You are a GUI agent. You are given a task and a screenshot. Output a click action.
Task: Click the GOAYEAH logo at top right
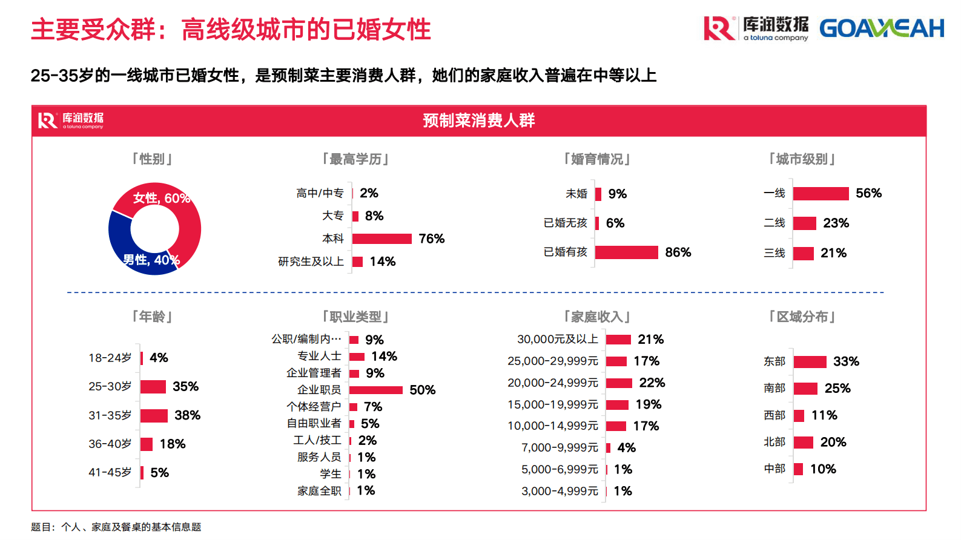(x=881, y=28)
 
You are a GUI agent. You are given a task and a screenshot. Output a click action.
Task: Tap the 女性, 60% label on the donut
(x=161, y=198)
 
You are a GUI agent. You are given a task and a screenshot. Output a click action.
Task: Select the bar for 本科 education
(x=381, y=239)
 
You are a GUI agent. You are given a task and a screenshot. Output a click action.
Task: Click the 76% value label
(x=431, y=239)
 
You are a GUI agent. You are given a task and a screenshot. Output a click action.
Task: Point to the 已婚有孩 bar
(x=626, y=252)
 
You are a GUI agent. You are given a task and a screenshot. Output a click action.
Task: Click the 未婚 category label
(x=576, y=194)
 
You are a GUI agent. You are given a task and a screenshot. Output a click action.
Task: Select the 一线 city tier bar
(x=821, y=193)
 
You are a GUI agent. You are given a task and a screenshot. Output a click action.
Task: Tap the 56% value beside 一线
(x=868, y=193)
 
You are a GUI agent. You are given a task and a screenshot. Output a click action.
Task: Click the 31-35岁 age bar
(x=154, y=415)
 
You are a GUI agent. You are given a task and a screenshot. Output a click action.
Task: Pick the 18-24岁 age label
(x=110, y=358)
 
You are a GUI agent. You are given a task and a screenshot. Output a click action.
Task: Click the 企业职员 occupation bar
(x=375, y=390)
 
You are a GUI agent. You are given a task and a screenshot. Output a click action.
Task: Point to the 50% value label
(x=422, y=390)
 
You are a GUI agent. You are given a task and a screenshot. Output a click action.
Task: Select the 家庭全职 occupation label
(x=319, y=491)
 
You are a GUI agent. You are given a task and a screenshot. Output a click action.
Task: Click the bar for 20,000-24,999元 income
(x=619, y=383)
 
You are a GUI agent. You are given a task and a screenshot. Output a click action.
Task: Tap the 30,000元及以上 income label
(x=557, y=339)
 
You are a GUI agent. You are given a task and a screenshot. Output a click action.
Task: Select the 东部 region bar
(x=810, y=361)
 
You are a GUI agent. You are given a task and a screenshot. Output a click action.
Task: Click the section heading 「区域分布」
(x=802, y=317)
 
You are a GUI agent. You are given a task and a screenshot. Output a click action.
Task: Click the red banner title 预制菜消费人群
(x=478, y=120)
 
